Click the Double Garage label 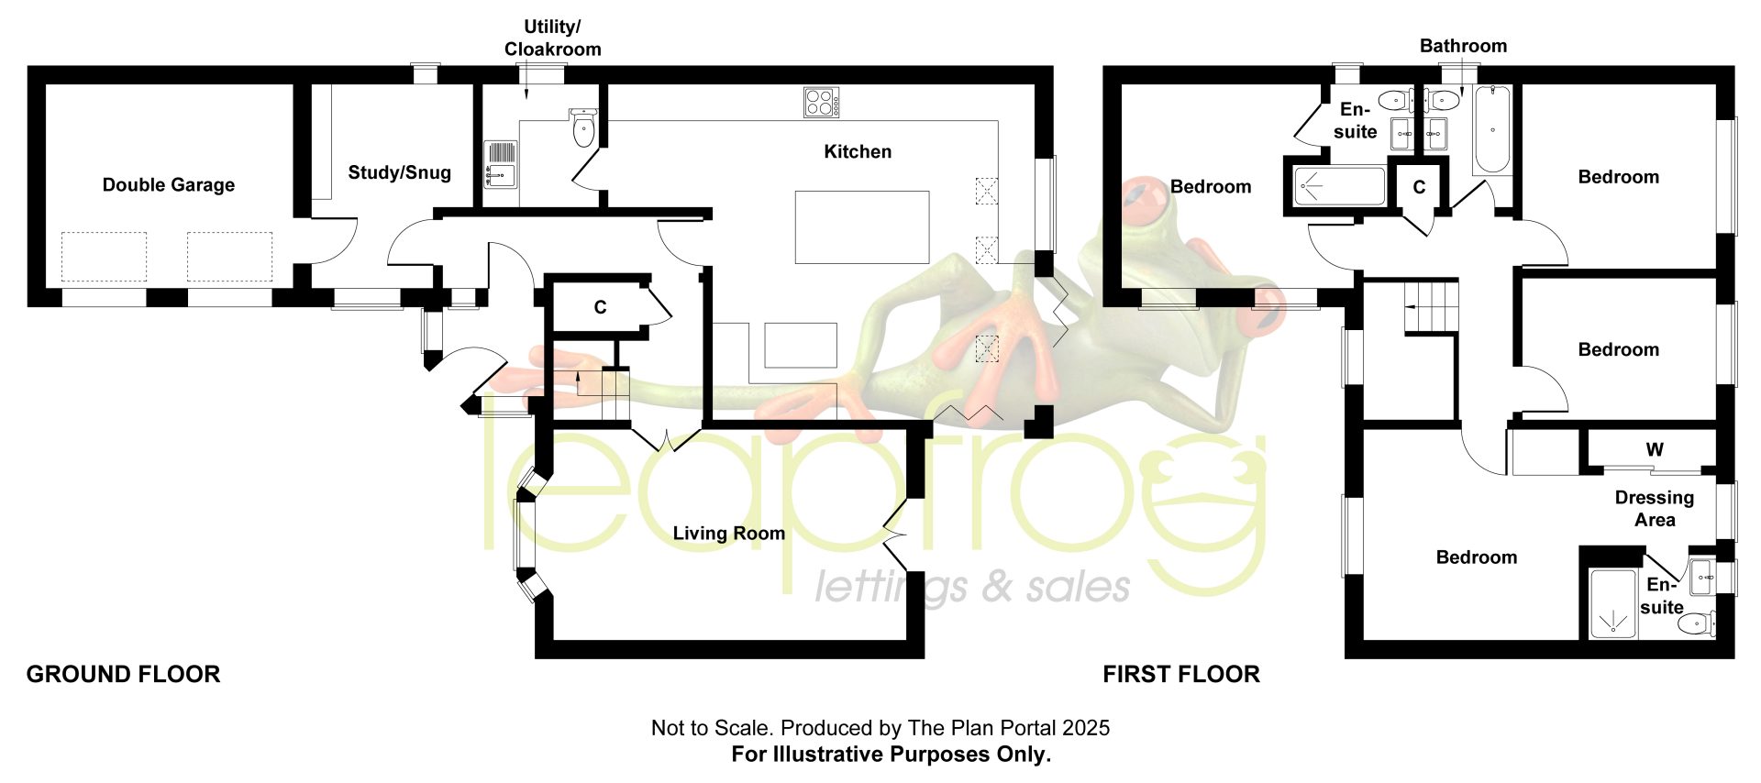click(169, 185)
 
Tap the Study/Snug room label click(399, 172)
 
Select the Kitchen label click(858, 151)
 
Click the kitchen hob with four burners click(821, 102)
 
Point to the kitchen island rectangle click(862, 227)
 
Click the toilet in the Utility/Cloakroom click(584, 127)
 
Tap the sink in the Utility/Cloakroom click(501, 165)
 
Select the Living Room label click(729, 534)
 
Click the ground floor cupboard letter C click(600, 307)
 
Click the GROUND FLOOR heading click(123, 675)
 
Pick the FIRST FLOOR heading click(1181, 675)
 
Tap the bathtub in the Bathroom click(1492, 129)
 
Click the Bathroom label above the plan click(1463, 46)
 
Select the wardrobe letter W click(1655, 449)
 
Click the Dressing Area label click(1655, 509)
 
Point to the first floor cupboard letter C click(1419, 188)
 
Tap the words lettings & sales click(972, 587)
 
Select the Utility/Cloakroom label click(552, 39)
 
